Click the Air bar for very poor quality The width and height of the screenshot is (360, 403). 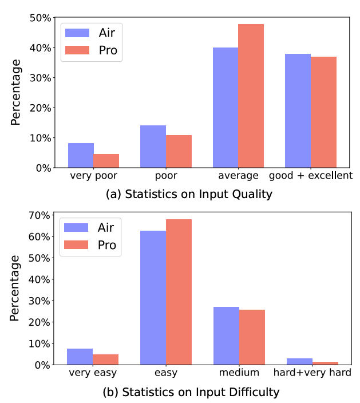point(81,155)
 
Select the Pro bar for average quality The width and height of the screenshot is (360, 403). point(251,96)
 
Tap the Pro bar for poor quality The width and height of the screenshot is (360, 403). point(179,152)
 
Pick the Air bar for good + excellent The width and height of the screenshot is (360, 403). point(298,111)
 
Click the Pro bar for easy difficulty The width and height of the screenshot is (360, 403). point(179,292)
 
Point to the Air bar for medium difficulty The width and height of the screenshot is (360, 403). point(226,335)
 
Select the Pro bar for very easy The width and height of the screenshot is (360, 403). point(105,359)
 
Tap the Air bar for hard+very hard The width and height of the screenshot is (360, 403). point(299,361)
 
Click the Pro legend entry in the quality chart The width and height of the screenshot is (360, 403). point(92,50)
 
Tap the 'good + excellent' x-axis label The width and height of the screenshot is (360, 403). point(311,175)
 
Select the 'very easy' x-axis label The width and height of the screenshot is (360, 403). point(93,373)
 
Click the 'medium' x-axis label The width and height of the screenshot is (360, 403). point(239,373)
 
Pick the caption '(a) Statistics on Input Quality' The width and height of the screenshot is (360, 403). point(189,194)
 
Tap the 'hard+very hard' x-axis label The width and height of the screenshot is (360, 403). point(312,373)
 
